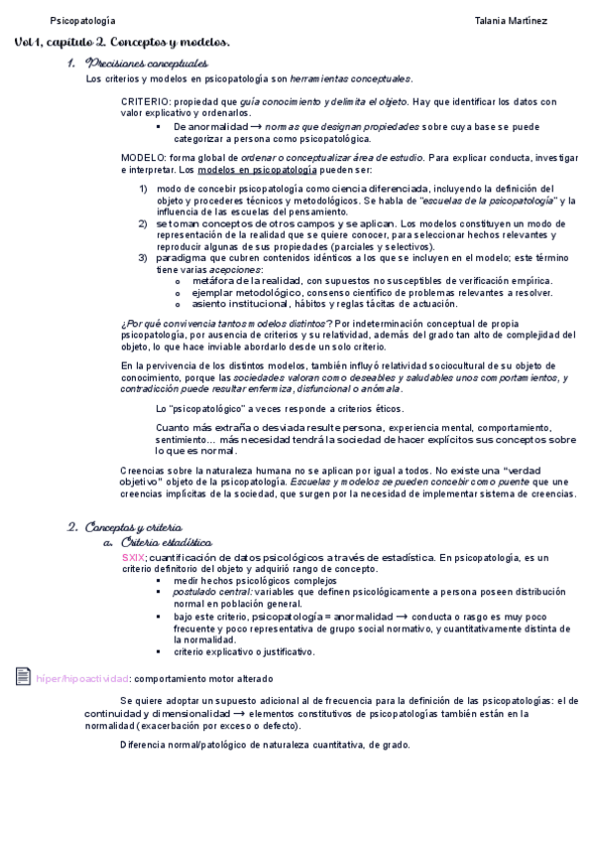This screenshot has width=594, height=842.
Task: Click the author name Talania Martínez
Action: point(511,21)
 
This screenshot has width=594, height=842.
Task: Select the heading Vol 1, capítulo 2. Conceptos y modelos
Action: point(122,43)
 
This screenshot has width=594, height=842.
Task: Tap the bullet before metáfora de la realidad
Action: point(178,281)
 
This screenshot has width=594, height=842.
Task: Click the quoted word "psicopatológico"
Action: point(208,408)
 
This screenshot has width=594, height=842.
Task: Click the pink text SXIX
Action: point(132,557)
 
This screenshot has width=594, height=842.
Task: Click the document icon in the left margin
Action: point(24,676)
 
